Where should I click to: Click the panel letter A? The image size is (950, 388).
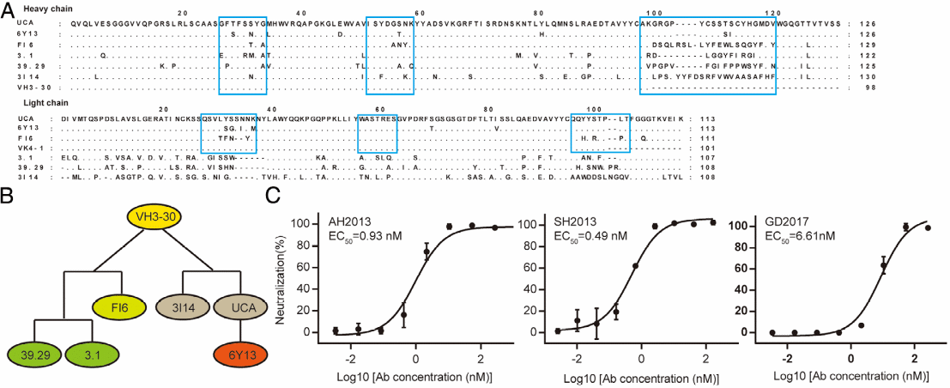[x=8, y=8]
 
